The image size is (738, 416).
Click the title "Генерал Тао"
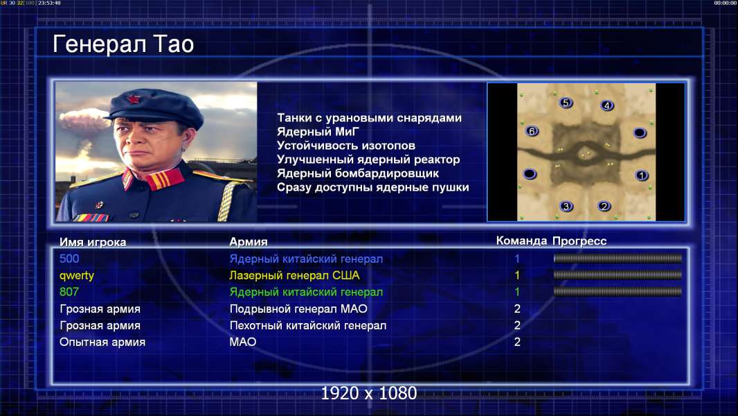[x=123, y=44]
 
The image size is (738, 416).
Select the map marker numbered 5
[x=566, y=103]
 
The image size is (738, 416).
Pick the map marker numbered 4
[x=606, y=105]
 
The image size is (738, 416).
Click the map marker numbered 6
[x=532, y=132]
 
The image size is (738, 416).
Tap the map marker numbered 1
[x=641, y=175]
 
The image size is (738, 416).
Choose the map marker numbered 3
[x=566, y=206]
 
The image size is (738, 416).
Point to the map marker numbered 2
[x=604, y=206]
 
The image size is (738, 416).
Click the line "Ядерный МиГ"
[x=318, y=132]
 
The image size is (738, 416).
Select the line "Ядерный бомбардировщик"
[x=358, y=173]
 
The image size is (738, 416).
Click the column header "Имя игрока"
[x=93, y=242]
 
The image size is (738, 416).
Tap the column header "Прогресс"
[x=579, y=241]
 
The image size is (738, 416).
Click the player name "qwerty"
[x=77, y=276]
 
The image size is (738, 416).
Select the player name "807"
[x=69, y=292]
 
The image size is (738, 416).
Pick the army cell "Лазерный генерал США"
[x=295, y=276]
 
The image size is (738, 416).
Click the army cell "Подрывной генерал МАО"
[x=298, y=309]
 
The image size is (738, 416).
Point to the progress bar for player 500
[x=618, y=258]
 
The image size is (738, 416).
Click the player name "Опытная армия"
[x=102, y=343]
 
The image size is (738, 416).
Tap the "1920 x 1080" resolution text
[x=369, y=393]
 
